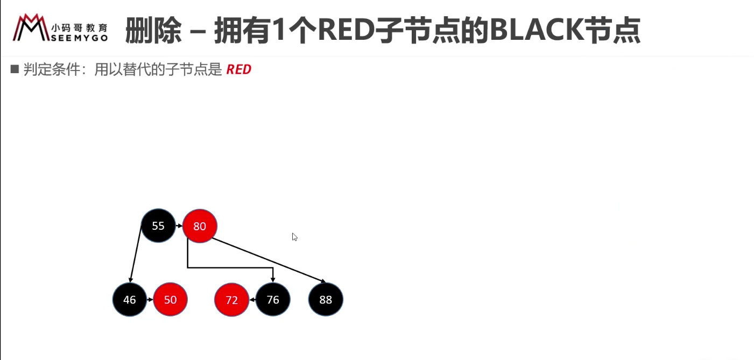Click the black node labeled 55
point(158,225)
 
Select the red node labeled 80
point(200,226)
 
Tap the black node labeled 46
point(130,299)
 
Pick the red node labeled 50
point(170,299)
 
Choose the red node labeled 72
point(231,299)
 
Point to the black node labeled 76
point(273,299)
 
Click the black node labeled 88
point(326,299)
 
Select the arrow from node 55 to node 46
point(136,254)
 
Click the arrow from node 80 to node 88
point(269,260)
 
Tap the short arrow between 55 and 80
point(179,226)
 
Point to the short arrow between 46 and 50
point(150,299)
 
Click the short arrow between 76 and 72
point(252,299)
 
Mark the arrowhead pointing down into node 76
point(273,280)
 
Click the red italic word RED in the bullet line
point(238,69)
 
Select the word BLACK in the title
point(537,30)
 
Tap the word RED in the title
point(347,30)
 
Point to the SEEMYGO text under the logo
point(79,38)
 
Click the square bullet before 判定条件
point(15,69)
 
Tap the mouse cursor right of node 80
point(295,237)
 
